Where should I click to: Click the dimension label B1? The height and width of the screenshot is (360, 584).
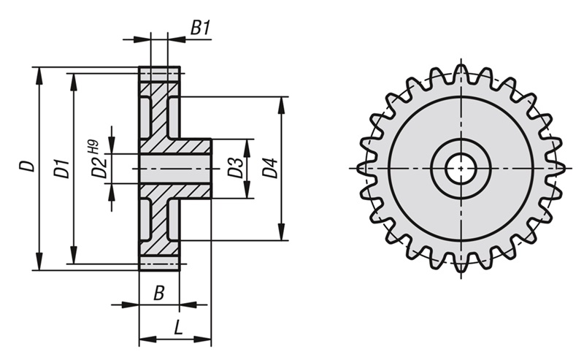pos(201,28)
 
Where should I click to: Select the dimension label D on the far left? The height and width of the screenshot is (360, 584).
pos(26,166)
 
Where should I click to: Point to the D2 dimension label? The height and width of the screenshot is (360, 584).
pos(99,169)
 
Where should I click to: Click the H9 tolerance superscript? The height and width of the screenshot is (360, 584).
pos(93,145)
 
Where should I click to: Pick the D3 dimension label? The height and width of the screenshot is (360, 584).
pos(234,168)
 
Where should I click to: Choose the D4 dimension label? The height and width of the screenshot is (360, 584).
pos(269,168)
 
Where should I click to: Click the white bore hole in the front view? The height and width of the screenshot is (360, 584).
pos(461,169)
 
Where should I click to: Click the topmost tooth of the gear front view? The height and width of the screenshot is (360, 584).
pos(461,73)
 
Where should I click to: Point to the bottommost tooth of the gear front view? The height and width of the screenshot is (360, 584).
pos(461,264)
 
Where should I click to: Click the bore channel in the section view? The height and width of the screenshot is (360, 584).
pos(174,169)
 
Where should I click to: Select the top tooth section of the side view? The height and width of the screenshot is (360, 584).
pos(159,74)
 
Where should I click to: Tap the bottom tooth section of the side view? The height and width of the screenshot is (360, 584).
pos(159,262)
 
